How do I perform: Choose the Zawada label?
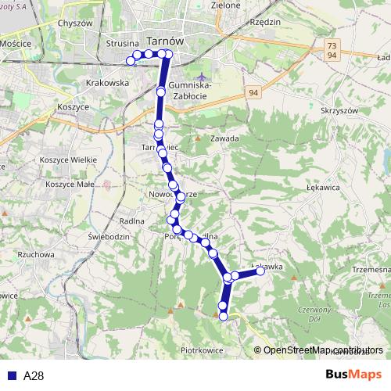(x=225, y=138)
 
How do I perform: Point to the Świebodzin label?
(x=109, y=235)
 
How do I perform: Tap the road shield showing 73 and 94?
(x=332, y=52)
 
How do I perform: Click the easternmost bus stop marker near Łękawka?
(x=260, y=271)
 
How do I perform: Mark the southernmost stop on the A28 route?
(x=224, y=316)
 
